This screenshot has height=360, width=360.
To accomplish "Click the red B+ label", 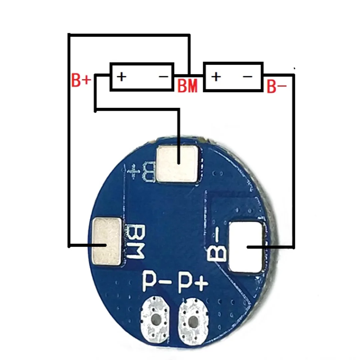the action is click(81, 81).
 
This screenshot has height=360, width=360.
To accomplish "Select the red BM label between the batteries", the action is click(187, 86).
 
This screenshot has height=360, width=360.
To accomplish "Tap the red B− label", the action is click(277, 87).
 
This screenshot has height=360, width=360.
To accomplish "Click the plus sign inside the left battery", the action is click(122, 77).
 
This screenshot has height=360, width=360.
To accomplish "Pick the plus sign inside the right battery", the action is click(216, 77).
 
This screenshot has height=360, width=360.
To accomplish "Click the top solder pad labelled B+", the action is click(179, 164).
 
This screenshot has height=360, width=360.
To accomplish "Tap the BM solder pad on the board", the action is click(106, 242).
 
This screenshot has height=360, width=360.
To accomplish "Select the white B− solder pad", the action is click(247, 247).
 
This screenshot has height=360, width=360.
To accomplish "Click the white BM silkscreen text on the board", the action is click(136, 242).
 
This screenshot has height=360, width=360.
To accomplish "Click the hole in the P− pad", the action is click(156, 320).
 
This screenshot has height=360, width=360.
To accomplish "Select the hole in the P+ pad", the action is click(192, 320).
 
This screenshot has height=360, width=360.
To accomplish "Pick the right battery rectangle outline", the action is click(233, 63).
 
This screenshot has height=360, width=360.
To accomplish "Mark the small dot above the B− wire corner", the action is click(294, 68).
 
